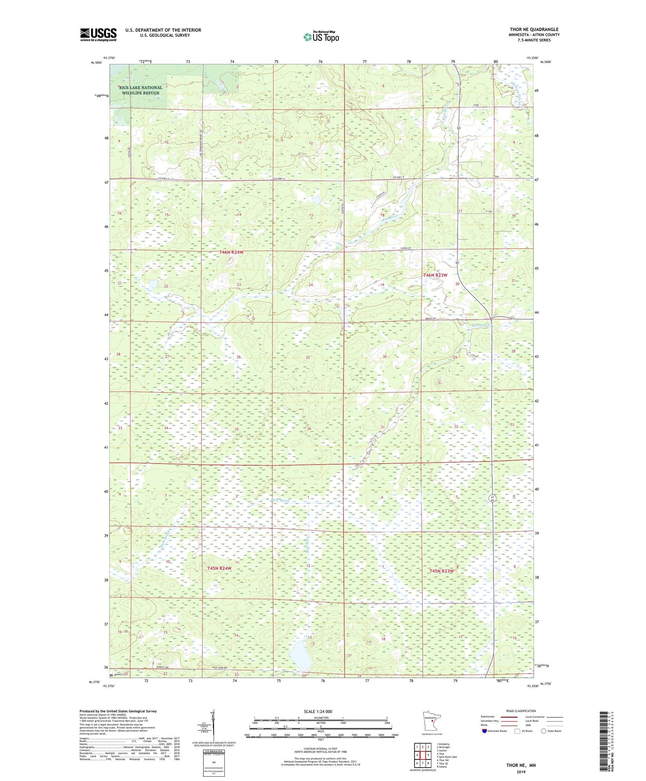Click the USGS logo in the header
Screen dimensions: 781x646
tap(98, 34)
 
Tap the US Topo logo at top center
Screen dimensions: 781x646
tap(321, 37)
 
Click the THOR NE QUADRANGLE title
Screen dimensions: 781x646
tap(534, 29)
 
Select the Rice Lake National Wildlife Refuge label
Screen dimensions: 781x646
tap(140, 90)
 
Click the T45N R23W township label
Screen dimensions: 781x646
tap(441, 571)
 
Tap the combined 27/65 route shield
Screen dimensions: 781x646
tap(492, 498)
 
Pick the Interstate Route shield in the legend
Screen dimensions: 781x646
tap(485, 731)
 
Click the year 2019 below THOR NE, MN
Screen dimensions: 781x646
tap(521, 769)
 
